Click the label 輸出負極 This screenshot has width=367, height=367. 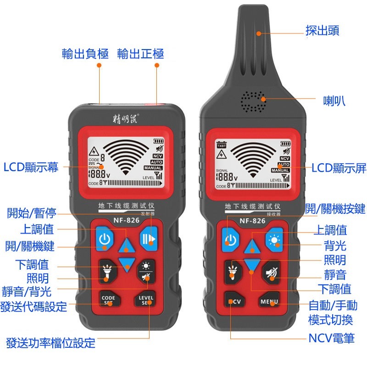point(85,54)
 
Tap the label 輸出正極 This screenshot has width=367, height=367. point(140,54)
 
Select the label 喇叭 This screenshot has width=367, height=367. point(334,100)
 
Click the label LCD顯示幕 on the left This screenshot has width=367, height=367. point(31,167)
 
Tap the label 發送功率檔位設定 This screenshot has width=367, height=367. point(51,342)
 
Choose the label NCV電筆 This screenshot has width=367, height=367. point(331,339)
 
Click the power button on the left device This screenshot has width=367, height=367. point(105,239)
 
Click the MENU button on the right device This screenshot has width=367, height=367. point(269,302)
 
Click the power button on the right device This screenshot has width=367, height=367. point(232,239)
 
